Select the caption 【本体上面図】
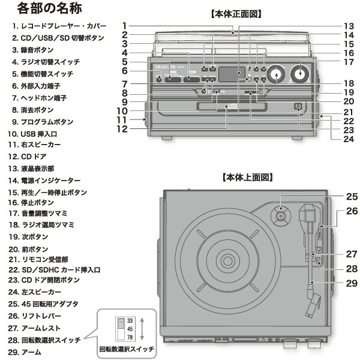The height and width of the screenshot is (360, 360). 247,178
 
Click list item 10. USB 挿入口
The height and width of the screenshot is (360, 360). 37,133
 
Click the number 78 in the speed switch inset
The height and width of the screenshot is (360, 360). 130,337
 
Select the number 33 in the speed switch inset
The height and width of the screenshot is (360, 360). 130,321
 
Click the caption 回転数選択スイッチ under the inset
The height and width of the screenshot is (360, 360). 127,349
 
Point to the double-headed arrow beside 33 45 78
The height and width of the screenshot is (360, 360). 142,329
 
